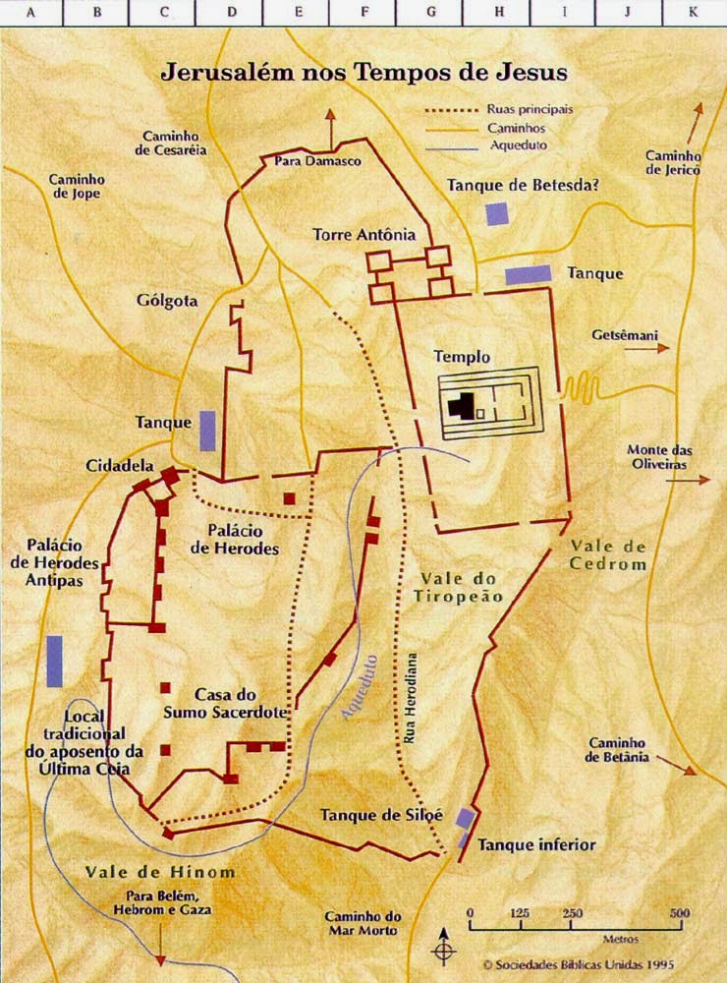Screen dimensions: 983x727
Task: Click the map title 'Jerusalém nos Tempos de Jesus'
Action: click(363, 72)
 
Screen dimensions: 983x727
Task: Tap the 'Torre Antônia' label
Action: click(364, 235)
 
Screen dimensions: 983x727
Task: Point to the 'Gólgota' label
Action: click(168, 301)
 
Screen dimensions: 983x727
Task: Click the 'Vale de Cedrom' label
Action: click(607, 555)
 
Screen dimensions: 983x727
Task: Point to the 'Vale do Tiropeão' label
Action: click(461, 587)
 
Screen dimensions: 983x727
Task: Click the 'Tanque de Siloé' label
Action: click(382, 815)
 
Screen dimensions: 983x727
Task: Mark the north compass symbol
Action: click(444, 952)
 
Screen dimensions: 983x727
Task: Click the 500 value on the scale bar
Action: click(678, 913)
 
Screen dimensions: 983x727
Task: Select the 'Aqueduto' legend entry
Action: click(518, 145)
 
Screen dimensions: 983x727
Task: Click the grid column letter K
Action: click(694, 13)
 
